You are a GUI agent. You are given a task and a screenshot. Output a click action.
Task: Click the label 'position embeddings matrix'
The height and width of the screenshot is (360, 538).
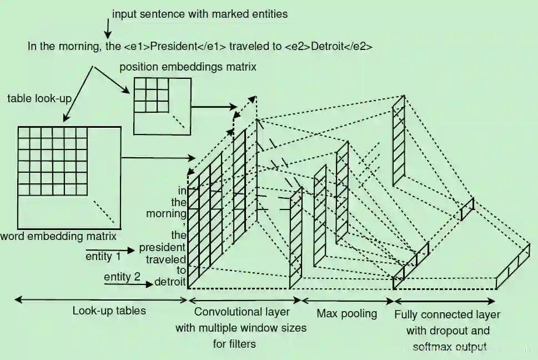188,67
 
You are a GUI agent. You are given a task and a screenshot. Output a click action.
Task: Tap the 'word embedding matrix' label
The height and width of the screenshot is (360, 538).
58,236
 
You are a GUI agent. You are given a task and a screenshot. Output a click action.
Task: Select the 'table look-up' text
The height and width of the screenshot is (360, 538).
38,98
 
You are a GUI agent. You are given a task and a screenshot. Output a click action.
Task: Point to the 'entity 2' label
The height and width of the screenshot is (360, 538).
122,276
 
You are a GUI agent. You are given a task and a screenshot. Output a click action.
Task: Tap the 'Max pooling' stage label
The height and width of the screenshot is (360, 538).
346,313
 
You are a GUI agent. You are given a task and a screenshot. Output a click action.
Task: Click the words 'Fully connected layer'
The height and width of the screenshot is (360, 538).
447,315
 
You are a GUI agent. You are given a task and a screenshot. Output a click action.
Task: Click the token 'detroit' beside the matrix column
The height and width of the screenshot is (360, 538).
169,282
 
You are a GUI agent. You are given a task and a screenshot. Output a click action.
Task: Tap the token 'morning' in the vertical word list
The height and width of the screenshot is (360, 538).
165,213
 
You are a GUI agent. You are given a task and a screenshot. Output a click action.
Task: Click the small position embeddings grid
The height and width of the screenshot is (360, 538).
150,94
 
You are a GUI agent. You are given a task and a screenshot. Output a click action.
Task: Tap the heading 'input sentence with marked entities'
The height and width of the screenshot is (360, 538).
200,14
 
